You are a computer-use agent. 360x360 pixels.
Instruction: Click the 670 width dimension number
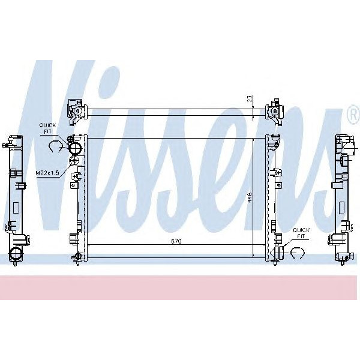pyautogui.click(x=176, y=241)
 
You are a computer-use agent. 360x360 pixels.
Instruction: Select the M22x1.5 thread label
pyautogui.click(x=47, y=173)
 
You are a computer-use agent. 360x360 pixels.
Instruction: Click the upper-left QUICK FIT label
pyautogui.click(x=47, y=128)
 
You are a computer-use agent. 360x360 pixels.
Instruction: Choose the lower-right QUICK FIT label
pyautogui.click(x=301, y=233)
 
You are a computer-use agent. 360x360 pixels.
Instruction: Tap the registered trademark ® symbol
pyautogui.click(x=352, y=113)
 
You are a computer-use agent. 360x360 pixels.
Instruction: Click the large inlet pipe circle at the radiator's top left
pyautogui.click(x=75, y=147)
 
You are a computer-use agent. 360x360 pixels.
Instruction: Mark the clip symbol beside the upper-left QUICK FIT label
pyautogui.click(x=56, y=146)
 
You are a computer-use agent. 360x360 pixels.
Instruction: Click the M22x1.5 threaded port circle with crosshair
pyautogui.click(x=74, y=161)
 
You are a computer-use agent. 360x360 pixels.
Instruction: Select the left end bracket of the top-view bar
pyautogui.click(x=76, y=110)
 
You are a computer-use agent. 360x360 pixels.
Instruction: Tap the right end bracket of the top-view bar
pyautogui.click(x=276, y=110)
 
